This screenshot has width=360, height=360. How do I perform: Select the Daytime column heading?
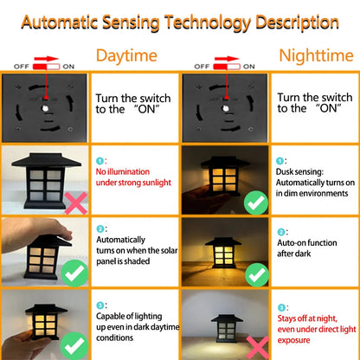pyautogui.click(x=126, y=55)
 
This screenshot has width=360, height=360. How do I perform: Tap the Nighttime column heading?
pyautogui.click(x=316, y=55)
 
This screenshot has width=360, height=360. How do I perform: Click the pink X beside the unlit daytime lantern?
pyautogui.click(x=75, y=203)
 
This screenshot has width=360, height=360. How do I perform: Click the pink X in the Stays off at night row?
pyautogui.click(x=257, y=347)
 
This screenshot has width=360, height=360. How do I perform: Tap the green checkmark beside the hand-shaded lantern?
pyautogui.click(x=74, y=273)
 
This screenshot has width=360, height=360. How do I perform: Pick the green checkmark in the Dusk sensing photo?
pyautogui.click(x=256, y=202)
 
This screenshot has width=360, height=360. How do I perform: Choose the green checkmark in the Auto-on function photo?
pyautogui.click(x=257, y=274)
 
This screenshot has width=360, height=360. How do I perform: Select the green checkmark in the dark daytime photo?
pyautogui.click(x=74, y=346)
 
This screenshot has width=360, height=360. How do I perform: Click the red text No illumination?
pyautogui.click(x=123, y=171)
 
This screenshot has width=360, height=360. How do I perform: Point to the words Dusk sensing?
pyautogui.click(x=299, y=172)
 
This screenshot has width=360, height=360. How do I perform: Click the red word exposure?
pyautogui.click(x=293, y=340)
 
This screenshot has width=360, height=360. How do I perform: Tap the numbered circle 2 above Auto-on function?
pyautogui.click(x=280, y=232)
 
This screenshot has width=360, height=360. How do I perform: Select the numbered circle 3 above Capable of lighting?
pyautogui.click(x=100, y=305)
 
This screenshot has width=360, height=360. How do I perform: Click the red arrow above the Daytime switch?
pyautogui.click(x=47, y=59)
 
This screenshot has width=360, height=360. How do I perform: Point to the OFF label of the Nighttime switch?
pyautogui.click(x=202, y=67)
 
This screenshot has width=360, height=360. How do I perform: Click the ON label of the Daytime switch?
pyautogui.click(x=68, y=67)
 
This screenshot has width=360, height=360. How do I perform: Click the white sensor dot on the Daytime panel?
pyautogui.click(x=45, y=109)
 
